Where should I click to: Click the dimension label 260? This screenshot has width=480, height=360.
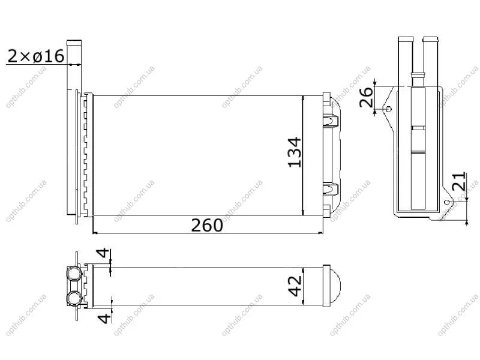click(x=207, y=226)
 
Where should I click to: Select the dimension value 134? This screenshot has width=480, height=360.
click(x=295, y=152)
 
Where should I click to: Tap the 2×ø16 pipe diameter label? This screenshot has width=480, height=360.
click(x=35, y=56)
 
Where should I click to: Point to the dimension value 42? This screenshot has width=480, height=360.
click(x=295, y=286)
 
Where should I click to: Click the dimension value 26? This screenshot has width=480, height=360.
click(x=366, y=97)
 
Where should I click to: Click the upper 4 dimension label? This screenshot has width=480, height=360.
click(x=103, y=253)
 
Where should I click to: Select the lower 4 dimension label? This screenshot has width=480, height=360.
click(x=104, y=318)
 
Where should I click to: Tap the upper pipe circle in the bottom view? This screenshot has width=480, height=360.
click(x=74, y=273)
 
